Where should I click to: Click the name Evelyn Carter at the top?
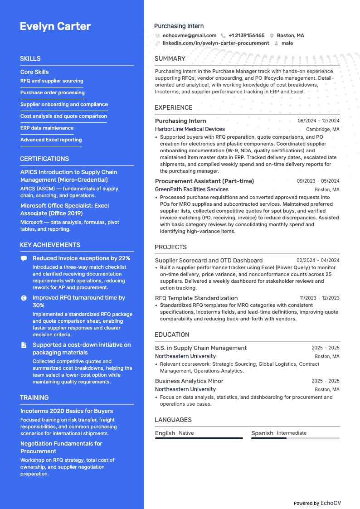point(55,26)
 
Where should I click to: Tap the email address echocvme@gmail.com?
point(190,35)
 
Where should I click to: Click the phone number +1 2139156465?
point(247,35)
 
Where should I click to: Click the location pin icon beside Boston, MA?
point(272,35)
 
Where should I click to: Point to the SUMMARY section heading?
point(170,58)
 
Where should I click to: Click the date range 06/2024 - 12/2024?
point(318,121)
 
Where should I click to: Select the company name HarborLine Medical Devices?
point(190,129)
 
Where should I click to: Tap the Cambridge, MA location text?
point(323,129)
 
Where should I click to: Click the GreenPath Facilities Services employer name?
point(192,189)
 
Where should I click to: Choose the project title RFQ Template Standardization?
point(196,298)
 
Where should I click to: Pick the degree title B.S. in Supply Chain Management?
point(201,348)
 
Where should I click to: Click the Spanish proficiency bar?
point(295,438)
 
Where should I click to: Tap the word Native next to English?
point(186,433)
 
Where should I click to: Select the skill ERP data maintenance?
point(47,128)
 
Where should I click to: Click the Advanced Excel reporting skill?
point(51,140)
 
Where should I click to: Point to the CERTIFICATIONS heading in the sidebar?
point(44,159)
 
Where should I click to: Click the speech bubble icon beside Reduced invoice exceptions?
point(24,258)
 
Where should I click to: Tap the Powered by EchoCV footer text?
point(317,503)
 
